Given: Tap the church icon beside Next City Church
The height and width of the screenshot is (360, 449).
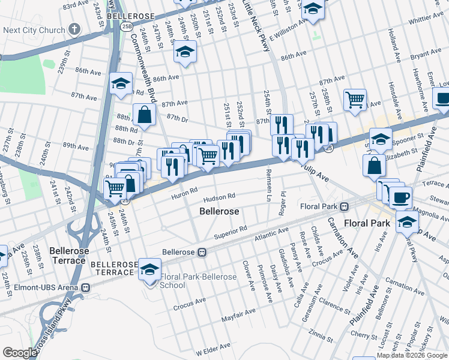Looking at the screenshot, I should coord(74,29).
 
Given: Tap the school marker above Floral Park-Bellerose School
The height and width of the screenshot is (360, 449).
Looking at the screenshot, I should coord(149,268).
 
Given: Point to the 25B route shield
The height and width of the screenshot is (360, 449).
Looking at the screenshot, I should coord(126,26).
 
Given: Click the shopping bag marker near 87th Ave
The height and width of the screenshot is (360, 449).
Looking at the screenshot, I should coord(145,113).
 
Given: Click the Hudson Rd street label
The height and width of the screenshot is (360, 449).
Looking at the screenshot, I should coord(218,197).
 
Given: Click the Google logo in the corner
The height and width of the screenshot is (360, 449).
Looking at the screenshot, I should coord(20,353).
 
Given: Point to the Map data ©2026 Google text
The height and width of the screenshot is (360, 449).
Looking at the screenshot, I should coord(412,355).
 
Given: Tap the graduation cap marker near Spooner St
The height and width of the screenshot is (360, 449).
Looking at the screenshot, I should coord(381,139).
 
